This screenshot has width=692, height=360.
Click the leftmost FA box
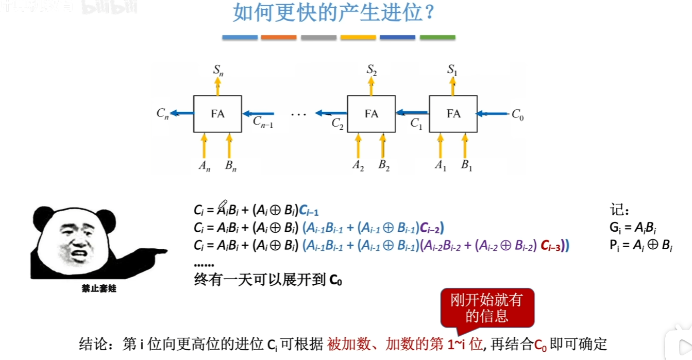217,113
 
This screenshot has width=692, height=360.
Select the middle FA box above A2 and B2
371,113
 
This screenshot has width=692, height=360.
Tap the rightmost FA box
453,113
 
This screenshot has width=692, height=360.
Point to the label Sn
218,70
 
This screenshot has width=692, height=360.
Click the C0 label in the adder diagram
517,114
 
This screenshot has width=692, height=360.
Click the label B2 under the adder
384,166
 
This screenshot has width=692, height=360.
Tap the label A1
441,166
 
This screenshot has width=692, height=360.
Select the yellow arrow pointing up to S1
453,86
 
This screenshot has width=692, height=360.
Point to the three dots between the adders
299,114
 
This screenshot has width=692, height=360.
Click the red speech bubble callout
486,308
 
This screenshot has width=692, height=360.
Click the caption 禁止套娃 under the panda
99,288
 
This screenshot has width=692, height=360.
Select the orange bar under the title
279,37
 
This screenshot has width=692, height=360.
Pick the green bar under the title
437,37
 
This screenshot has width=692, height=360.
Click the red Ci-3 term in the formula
551,246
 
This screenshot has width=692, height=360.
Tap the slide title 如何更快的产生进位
334,13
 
